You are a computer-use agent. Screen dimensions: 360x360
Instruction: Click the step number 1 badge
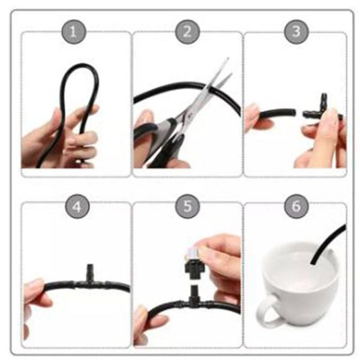click(x=74, y=32)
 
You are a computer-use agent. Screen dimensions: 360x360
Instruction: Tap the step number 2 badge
click(x=187, y=32)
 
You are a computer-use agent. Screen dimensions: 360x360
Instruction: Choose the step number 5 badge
click(x=187, y=208)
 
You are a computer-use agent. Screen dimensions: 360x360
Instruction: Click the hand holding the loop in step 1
click(x=60, y=141)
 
